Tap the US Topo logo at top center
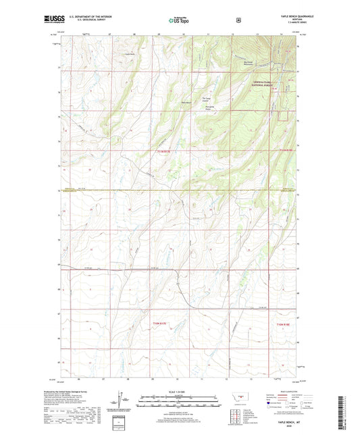[180, 20]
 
